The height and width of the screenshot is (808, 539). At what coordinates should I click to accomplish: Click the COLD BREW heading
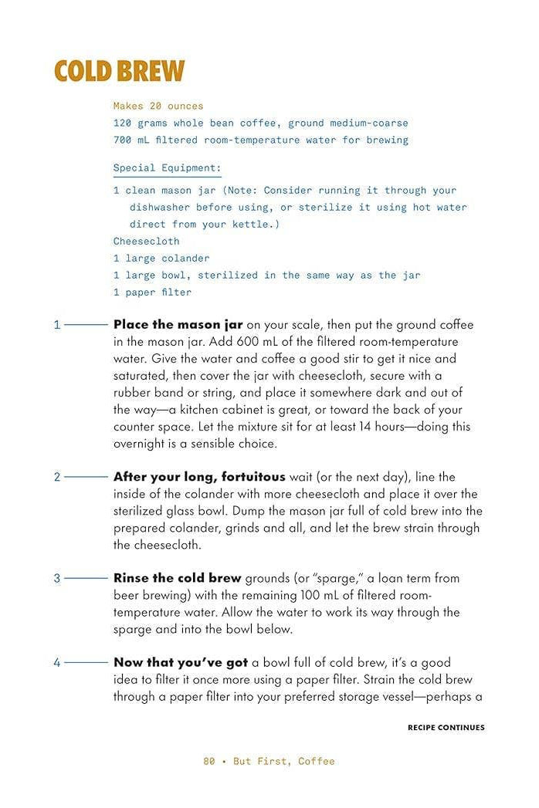click(x=119, y=71)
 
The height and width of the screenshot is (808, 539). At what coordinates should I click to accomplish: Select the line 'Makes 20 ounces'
click(x=158, y=106)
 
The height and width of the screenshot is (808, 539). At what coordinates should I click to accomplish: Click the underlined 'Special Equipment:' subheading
click(x=167, y=167)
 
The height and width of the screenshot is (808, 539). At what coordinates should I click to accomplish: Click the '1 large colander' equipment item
click(x=161, y=258)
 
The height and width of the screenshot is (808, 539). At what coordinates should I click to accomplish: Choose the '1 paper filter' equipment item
click(x=152, y=292)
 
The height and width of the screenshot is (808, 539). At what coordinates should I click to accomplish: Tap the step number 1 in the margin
click(x=56, y=325)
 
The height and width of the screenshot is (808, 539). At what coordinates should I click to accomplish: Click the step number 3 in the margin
click(x=56, y=578)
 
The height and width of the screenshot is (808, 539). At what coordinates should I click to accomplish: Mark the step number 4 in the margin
click(x=56, y=662)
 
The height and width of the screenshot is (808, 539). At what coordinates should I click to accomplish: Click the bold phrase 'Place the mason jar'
click(x=178, y=325)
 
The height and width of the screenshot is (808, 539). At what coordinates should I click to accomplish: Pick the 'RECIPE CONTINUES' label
click(x=446, y=727)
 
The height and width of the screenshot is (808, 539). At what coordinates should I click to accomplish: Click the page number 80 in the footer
click(x=209, y=761)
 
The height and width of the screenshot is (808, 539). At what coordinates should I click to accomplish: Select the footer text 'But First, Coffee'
click(x=284, y=761)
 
